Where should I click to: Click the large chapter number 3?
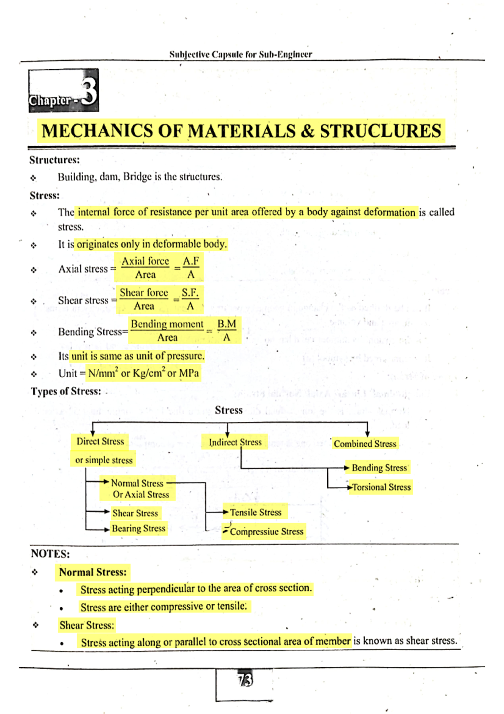[89, 91]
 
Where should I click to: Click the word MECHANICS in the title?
[97, 131]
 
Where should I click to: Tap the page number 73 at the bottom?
[245, 680]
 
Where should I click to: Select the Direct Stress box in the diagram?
[100, 441]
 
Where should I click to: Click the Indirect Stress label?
[235, 442]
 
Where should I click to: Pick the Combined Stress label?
[365, 444]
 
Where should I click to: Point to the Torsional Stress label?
[381, 487]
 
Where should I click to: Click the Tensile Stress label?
[256, 512]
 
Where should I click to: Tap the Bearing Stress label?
[138, 528]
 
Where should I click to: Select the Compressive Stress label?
[266, 532]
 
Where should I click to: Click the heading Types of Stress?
[66, 391]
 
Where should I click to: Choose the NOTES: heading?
[50, 553]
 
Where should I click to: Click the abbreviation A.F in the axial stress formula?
[191, 261]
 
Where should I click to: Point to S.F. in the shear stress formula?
[190, 293]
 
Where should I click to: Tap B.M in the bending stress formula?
[226, 324]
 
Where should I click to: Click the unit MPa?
[189, 373]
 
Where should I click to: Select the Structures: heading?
[55, 160]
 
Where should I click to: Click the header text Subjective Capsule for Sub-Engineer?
[241, 54]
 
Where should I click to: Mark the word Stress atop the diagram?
[228, 410]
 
